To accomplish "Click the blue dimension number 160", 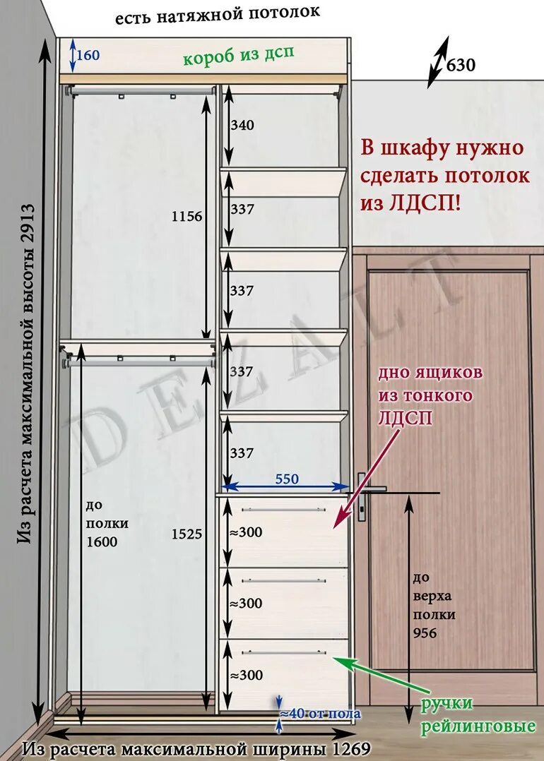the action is [88, 55].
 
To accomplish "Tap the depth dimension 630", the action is [461, 64].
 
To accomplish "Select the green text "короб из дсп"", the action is [239, 56].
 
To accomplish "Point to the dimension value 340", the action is [242, 125].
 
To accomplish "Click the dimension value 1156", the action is [187, 217].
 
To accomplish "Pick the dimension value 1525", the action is [187, 534].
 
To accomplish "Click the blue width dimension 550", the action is [287, 479].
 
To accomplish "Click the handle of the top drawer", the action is [284, 510].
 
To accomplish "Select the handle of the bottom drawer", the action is [284, 652].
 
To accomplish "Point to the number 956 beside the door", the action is [425, 633].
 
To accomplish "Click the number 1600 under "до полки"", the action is [102, 541].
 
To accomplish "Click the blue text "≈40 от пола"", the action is [321, 714].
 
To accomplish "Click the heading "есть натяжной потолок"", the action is [218, 15].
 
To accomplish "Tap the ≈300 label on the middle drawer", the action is [246, 604].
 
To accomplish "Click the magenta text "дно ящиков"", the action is [430, 373].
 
